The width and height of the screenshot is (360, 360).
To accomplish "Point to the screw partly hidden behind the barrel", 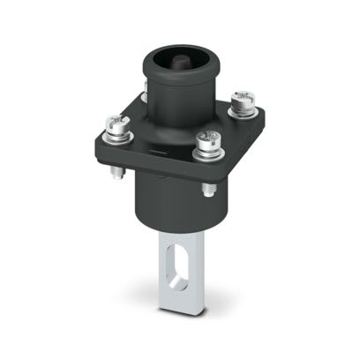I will click(141, 89).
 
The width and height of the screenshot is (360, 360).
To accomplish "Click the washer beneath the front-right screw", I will click(208, 151).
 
